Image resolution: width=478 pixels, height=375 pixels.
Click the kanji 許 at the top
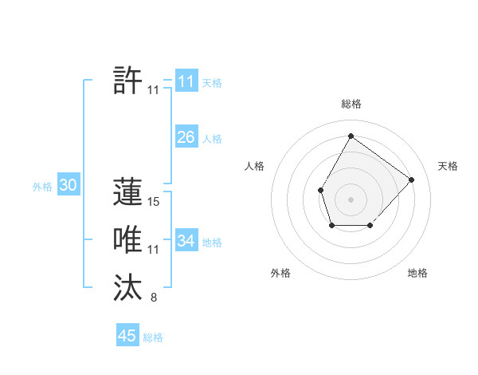pyautogui.click(x=128, y=81)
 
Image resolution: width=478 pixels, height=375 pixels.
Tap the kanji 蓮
pyautogui.click(x=128, y=192)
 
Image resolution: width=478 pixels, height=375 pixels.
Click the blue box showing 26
pyautogui.click(x=186, y=137)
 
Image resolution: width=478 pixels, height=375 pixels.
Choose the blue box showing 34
pyautogui.click(x=186, y=241)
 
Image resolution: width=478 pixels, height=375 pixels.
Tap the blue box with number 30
pyautogui.click(x=68, y=186)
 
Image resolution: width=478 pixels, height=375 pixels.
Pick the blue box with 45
pyautogui.click(x=127, y=336)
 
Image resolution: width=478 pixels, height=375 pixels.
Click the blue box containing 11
pyautogui.click(x=186, y=81)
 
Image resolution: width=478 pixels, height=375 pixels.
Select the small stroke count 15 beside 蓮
pyautogui.click(x=154, y=203)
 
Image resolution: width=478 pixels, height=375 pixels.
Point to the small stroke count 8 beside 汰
pyautogui.click(x=154, y=298)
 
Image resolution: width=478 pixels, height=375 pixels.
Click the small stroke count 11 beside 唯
pyautogui.click(x=154, y=251)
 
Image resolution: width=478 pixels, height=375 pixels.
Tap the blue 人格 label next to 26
pyautogui.click(x=212, y=139)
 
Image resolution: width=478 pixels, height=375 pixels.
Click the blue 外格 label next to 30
pyautogui.click(x=42, y=187)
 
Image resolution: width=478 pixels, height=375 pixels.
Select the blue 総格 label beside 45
pyautogui.click(x=153, y=337)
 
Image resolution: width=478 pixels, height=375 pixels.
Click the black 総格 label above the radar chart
pyautogui.click(x=351, y=105)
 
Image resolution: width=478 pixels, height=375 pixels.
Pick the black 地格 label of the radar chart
pyautogui.click(x=417, y=274)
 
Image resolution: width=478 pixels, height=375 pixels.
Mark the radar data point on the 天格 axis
pyautogui.click(x=411, y=180)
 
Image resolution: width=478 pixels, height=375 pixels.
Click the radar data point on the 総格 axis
pyautogui.click(x=351, y=136)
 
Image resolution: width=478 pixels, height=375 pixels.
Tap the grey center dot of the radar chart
pyautogui.click(x=351, y=199)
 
